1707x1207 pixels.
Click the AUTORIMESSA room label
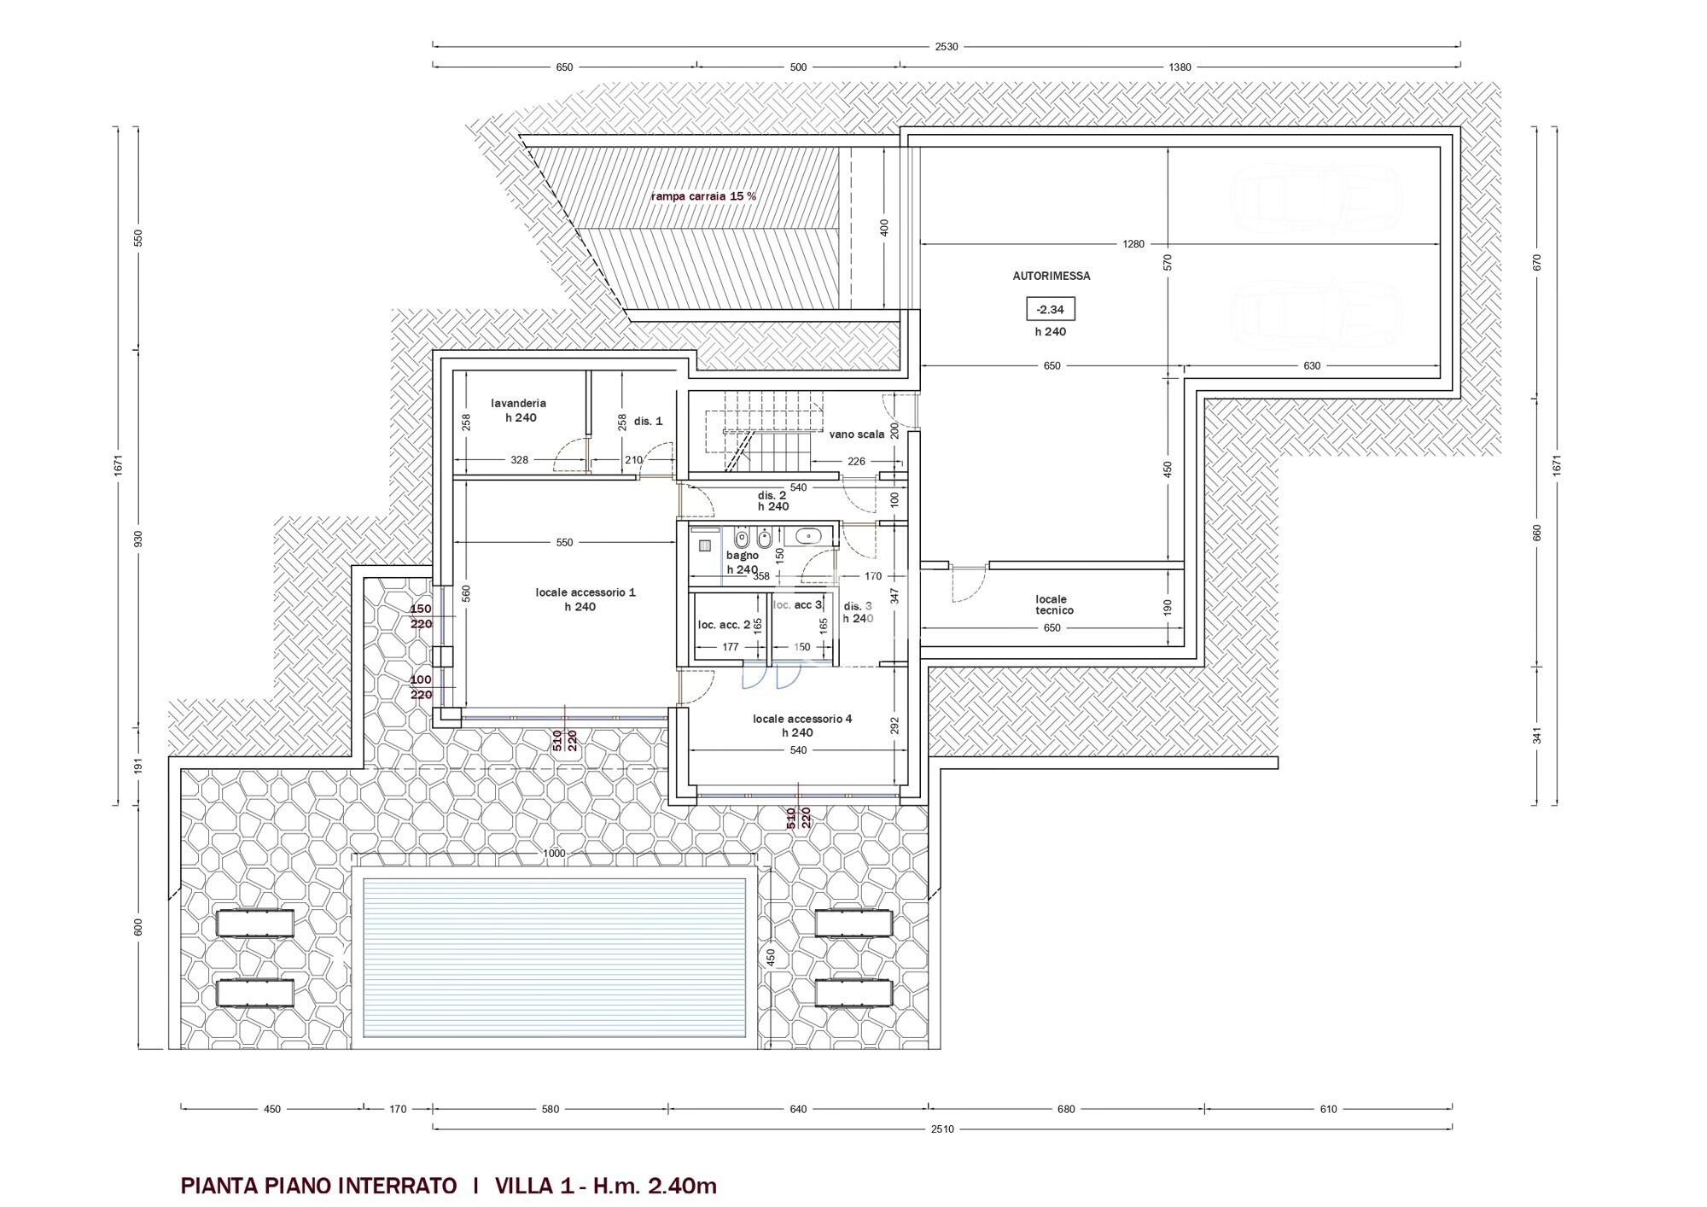pos(1051,277)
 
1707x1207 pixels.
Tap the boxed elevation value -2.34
pos(1051,309)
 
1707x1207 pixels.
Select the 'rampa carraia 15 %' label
pos(703,196)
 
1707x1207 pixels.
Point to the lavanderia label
pos(518,403)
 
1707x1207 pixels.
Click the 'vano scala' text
pos(856,434)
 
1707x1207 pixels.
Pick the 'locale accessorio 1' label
pos(586,592)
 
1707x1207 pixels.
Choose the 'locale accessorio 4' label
pos(802,719)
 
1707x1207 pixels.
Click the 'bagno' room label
pos(743,556)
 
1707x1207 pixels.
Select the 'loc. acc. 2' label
pos(724,625)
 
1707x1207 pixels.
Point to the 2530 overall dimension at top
pos(947,47)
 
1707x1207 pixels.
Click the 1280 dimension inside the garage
pos(1133,244)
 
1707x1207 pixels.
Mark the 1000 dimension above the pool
pos(554,854)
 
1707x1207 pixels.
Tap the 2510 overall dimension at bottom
pos(942,1128)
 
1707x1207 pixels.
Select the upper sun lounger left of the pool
pos(255,923)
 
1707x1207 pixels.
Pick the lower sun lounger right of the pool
pos(853,993)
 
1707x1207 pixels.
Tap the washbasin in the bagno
pos(807,536)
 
